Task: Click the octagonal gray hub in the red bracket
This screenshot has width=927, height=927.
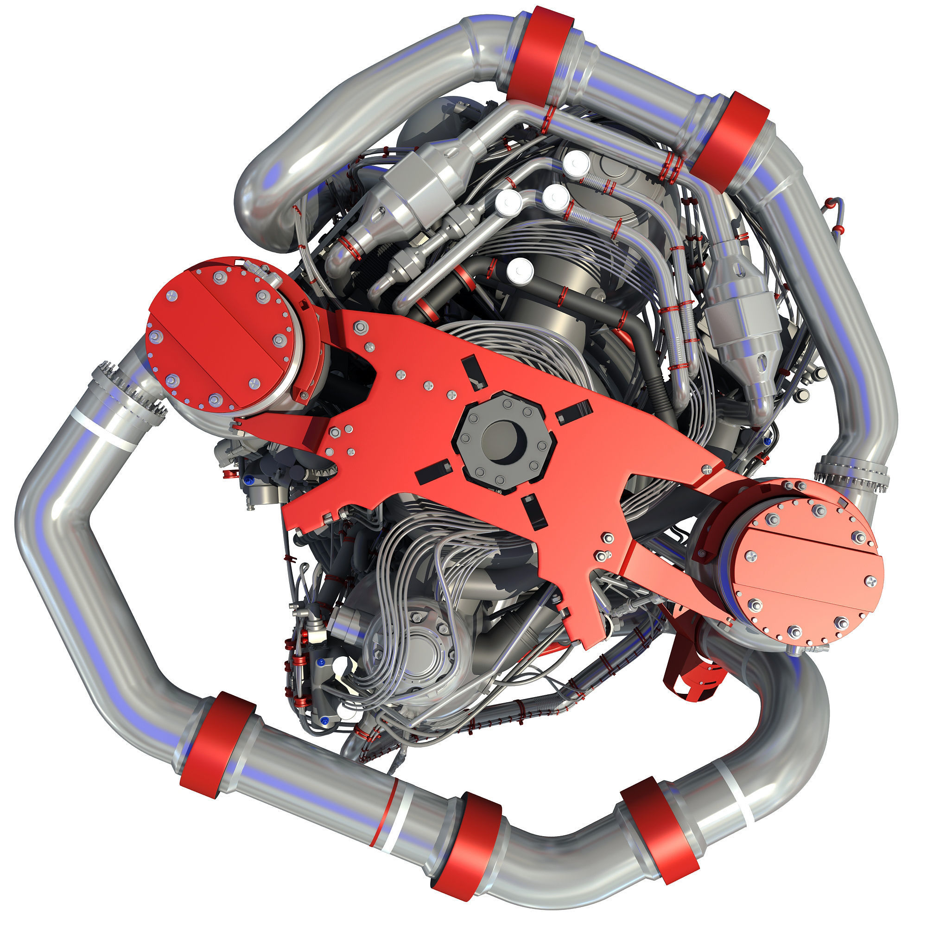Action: click(x=505, y=440)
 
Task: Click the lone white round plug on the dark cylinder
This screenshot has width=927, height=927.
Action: click(x=520, y=271)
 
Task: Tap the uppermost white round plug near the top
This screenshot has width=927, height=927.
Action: click(x=576, y=164)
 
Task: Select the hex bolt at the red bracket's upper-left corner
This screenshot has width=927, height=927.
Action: click(x=359, y=328)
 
